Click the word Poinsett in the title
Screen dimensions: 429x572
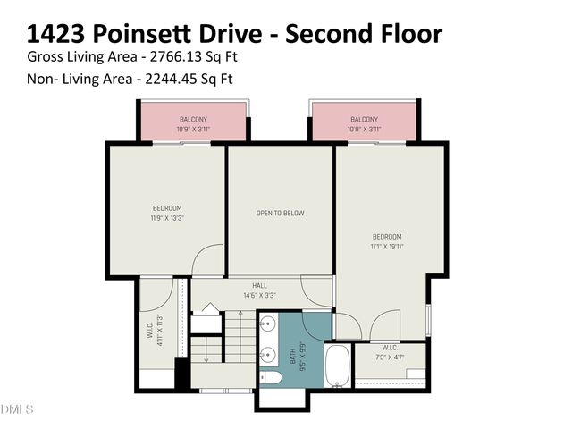[150, 33]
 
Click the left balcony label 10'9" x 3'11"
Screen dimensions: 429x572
[194, 129]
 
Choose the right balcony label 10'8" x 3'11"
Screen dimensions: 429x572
[364, 129]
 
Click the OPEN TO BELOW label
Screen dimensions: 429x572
[281, 214]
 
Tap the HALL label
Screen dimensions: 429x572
[259, 290]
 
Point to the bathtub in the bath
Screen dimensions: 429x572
[337, 367]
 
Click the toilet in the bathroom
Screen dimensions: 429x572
[272, 378]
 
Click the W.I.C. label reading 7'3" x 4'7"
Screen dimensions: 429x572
[390, 354]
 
